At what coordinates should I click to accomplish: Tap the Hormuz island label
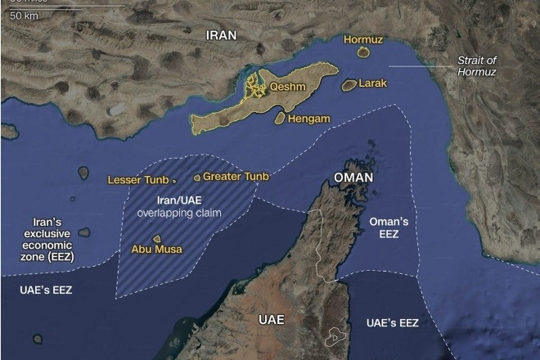pyautogui.click(x=362, y=38)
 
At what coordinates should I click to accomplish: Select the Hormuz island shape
pyautogui.click(x=363, y=53)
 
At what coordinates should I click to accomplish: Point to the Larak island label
pyautogui.click(x=372, y=83)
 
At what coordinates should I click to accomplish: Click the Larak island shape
pyautogui.click(x=349, y=84)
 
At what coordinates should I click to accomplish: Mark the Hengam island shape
pyautogui.click(x=280, y=119)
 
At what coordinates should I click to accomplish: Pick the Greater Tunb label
pyautogui.click(x=236, y=176)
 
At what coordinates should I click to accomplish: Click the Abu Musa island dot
pyautogui.click(x=156, y=238)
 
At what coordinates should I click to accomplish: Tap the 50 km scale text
pyautogui.click(x=25, y=16)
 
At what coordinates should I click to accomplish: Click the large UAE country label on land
pyautogui.click(x=271, y=319)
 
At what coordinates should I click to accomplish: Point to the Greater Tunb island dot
pyautogui.click(x=196, y=177)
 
